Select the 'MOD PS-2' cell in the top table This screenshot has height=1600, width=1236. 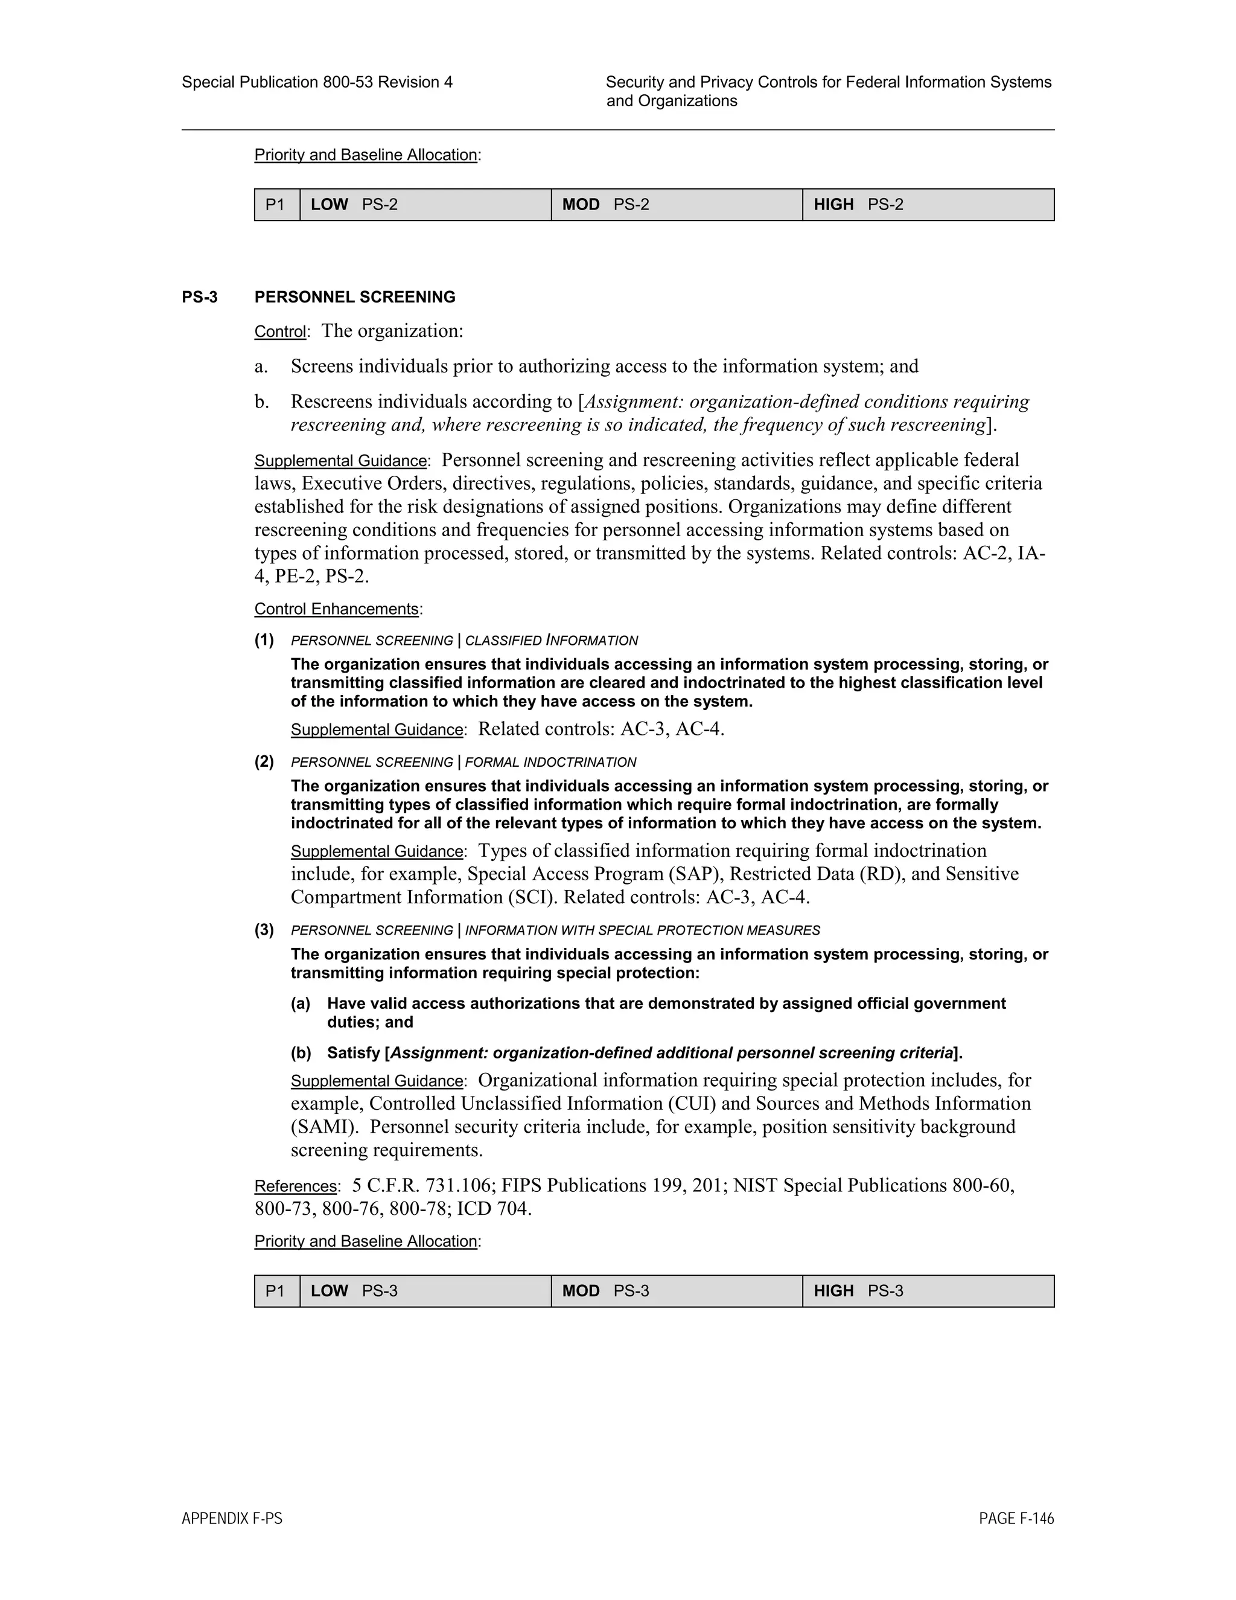click(x=676, y=205)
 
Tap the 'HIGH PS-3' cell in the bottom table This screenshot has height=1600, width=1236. click(x=928, y=1291)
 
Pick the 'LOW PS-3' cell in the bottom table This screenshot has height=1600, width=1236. click(x=425, y=1291)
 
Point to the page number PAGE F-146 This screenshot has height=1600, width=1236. click(x=1016, y=1518)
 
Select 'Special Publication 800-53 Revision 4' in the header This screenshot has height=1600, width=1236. click(x=316, y=82)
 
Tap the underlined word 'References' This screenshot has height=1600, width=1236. click(x=295, y=1186)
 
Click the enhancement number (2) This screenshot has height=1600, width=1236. click(x=264, y=762)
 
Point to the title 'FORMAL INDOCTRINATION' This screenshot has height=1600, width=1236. click(x=550, y=763)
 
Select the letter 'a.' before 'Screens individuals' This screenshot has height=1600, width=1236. click(x=261, y=366)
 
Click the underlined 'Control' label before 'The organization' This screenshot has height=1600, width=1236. click(x=279, y=332)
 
